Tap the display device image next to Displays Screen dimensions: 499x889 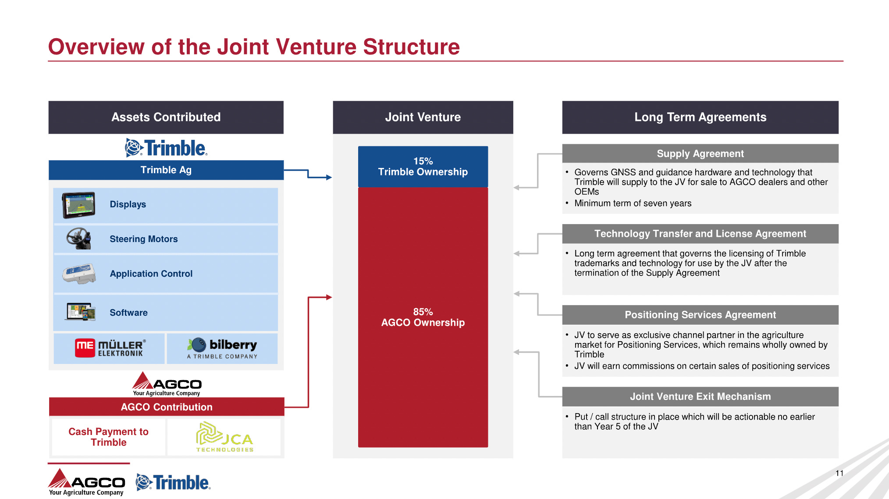78,205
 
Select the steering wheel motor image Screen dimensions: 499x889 78,239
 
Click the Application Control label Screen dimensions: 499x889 151,274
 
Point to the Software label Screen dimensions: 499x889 128,313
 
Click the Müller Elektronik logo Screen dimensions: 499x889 110,348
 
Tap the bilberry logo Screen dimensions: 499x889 222,348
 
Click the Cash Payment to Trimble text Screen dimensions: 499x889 108,437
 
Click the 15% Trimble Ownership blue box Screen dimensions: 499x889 423,167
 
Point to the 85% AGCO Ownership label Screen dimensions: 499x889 423,317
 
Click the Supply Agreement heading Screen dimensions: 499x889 700,153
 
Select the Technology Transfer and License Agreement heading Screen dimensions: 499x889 700,234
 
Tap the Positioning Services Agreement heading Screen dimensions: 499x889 700,315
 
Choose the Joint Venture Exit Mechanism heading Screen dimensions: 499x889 700,396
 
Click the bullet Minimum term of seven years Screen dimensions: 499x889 633,203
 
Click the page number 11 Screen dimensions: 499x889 839,473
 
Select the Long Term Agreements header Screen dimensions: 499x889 700,117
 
